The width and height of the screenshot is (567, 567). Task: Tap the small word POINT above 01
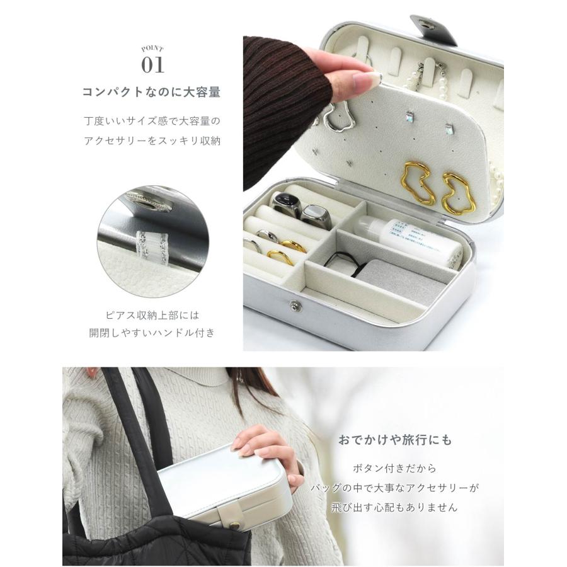(x=152, y=48)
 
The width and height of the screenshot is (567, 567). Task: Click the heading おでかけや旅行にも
(x=395, y=440)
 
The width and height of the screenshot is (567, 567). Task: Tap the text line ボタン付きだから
(x=395, y=469)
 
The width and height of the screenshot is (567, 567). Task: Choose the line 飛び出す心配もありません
(x=395, y=507)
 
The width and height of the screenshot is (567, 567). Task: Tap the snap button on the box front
(x=294, y=306)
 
